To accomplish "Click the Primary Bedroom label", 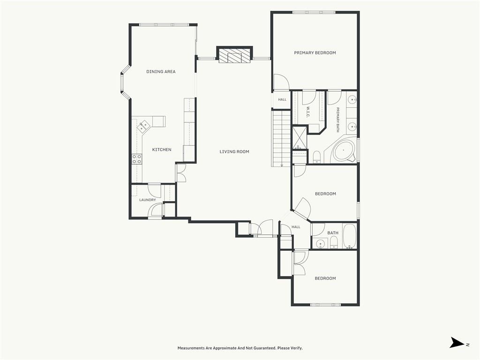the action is (x=315, y=52).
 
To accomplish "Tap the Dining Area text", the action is (x=161, y=72).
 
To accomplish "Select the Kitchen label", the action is (x=162, y=150).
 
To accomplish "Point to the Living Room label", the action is (x=234, y=151).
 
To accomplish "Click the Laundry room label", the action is (x=148, y=200).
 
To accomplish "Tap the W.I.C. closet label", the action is (x=308, y=112).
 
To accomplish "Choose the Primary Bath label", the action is (x=338, y=120).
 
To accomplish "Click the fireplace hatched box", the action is (x=234, y=55).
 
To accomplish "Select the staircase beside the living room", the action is (x=281, y=138).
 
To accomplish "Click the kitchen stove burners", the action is (x=137, y=159).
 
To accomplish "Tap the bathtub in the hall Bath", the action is (x=349, y=236).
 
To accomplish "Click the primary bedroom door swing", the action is (x=281, y=82).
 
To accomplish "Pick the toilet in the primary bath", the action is (x=317, y=156).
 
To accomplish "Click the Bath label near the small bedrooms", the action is (x=333, y=233).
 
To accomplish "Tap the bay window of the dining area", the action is (x=123, y=82).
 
